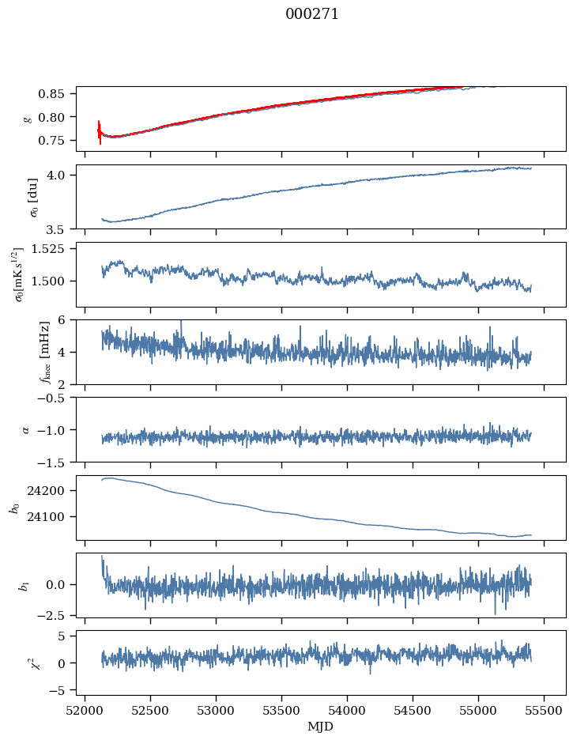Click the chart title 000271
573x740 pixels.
point(312,14)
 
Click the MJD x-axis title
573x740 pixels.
point(321,726)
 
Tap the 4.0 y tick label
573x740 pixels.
point(62,175)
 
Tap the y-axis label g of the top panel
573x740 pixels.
point(28,119)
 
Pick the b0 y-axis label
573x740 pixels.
point(13,507)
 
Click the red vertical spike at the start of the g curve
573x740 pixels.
point(100,130)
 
